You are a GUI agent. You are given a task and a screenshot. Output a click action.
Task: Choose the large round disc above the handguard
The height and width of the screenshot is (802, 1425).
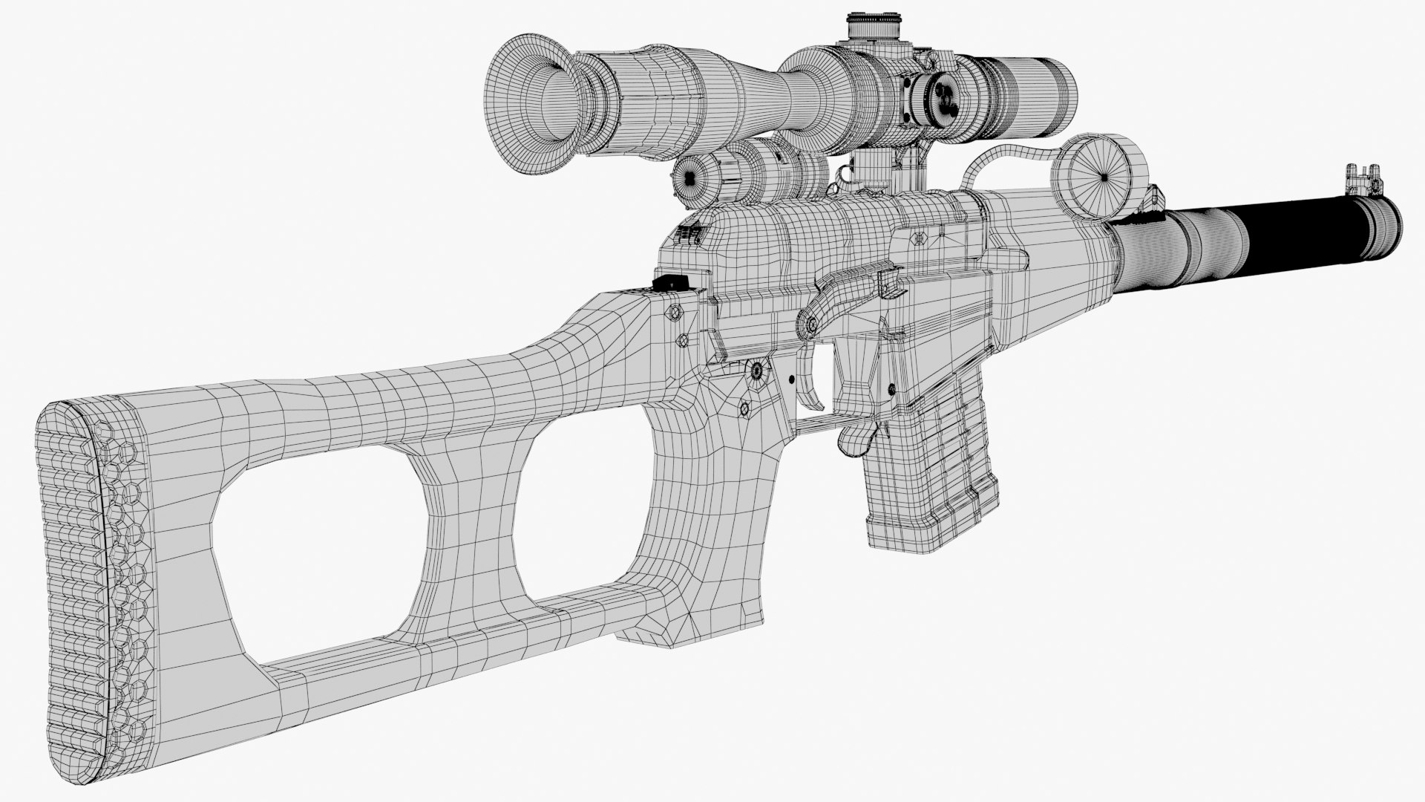1101,177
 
